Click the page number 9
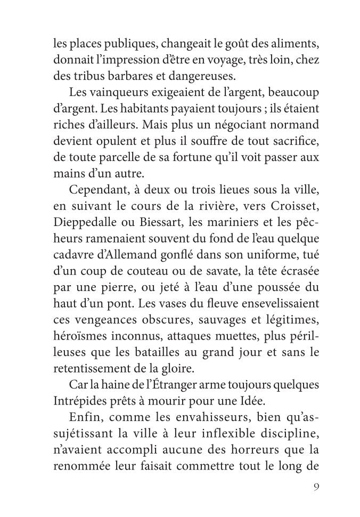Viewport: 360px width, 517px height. click(316, 487)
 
